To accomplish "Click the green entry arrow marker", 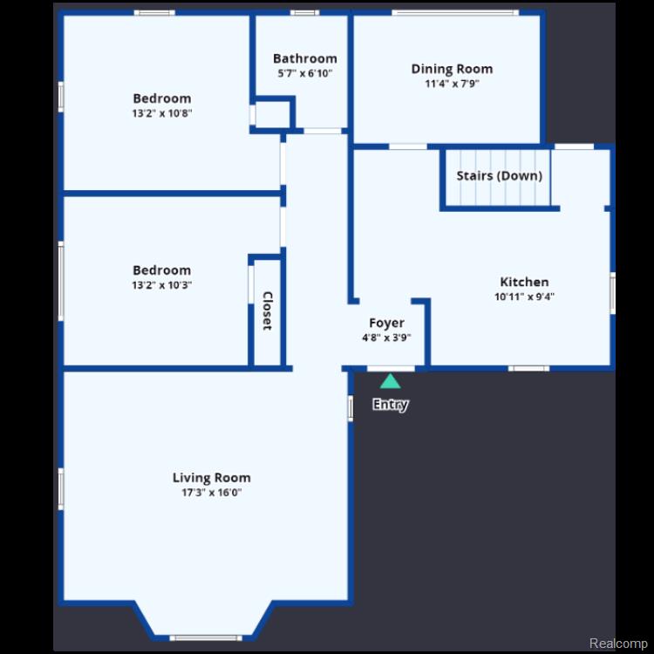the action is point(390,381).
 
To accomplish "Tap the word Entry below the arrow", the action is point(391,405).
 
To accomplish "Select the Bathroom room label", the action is point(305,58).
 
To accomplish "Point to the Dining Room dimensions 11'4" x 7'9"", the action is point(452,84).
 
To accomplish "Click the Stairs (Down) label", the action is point(500,175).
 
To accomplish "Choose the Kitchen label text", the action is point(524,282).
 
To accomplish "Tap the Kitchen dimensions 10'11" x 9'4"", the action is point(524,296).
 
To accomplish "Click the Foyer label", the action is point(386,324).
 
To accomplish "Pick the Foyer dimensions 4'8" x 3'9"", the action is point(386,337).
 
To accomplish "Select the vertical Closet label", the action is point(268,310).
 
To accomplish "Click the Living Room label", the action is point(212,478).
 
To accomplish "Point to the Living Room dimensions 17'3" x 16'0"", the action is point(212,493).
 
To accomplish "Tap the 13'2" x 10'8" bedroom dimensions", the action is point(162,113).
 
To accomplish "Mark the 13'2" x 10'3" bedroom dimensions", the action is point(162,285).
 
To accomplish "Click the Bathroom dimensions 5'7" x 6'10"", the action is point(305,73).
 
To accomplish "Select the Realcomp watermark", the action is point(618,644).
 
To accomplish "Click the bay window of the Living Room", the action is point(206,637).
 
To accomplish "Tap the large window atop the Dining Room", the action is point(455,12).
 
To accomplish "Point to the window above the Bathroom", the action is point(304,12).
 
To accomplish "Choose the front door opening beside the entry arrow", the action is point(391,369).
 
